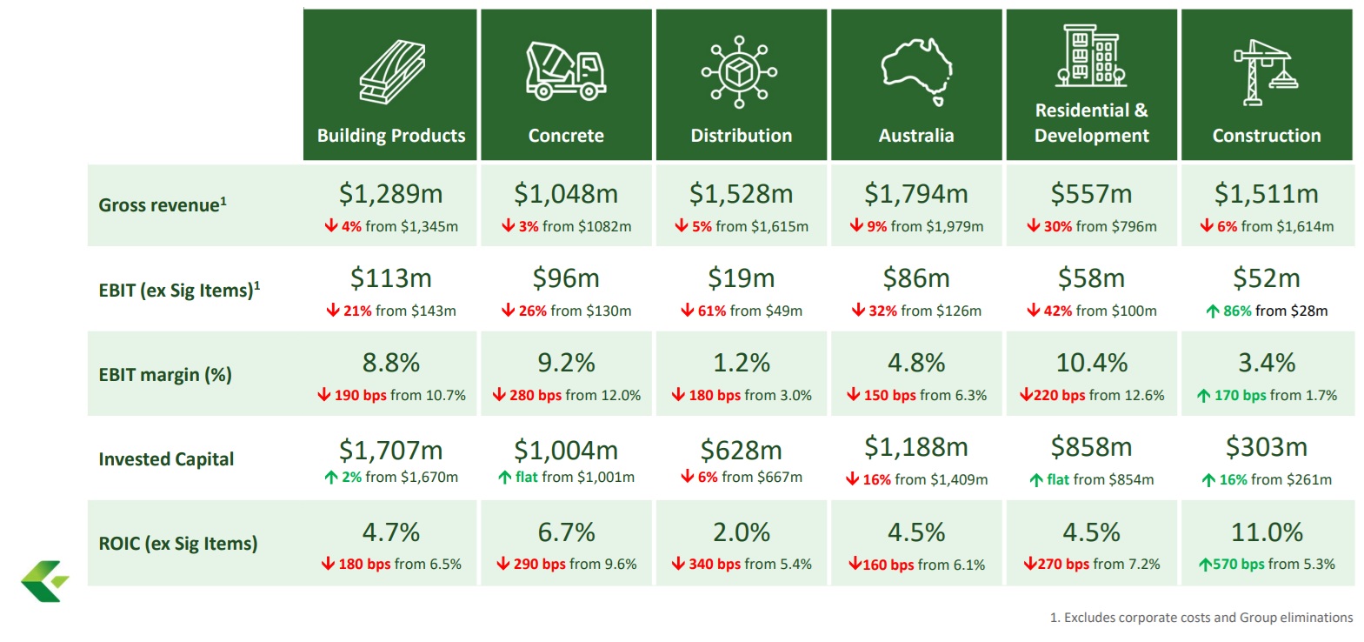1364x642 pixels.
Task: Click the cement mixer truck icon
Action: coord(566,70)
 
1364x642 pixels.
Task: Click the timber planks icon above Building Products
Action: coord(392,71)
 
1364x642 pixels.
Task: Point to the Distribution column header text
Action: coord(741,136)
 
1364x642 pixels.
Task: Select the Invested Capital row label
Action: coord(166,459)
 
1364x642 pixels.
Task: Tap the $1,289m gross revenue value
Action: coord(390,193)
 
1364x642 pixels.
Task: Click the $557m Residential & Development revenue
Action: coord(1091,193)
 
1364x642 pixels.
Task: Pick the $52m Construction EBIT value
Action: coord(1266,278)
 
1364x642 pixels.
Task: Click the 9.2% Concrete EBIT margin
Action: coord(566,363)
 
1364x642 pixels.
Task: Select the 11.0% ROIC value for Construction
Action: coord(1266,532)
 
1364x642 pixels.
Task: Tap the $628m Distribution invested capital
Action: coord(741,450)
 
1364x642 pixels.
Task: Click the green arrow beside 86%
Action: coord(1213,311)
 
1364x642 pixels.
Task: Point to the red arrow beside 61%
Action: coord(688,311)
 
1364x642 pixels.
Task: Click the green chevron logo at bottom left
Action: coord(43,581)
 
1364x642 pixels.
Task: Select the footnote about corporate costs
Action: coord(1201,618)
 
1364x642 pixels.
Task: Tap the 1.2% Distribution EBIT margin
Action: coord(741,363)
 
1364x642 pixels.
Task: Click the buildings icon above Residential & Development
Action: coord(1091,56)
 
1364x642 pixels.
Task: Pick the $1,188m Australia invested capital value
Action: coord(916,447)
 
